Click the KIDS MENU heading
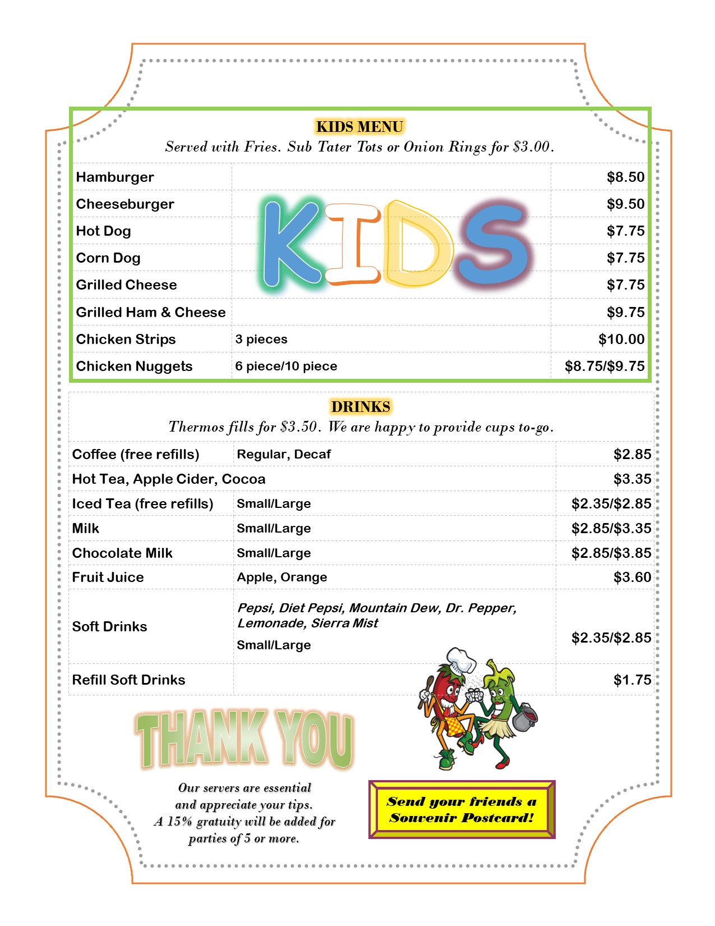tap(359, 127)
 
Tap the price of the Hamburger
tap(625, 177)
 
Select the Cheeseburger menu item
tap(125, 204)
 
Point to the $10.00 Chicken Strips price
tap(621, 340)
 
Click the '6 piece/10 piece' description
tap(286, 366)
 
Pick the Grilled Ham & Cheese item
tap(151, 313)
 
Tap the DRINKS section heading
tap(361, 407)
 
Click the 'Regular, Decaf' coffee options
tap(284, 455)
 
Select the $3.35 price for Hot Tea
tap(632, 479)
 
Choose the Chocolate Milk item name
tap(122, 553)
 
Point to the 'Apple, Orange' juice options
tap(282, 577)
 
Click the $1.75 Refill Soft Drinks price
tap(632, 680)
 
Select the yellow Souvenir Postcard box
tap(462, 810)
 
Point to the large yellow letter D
tap(418, 244)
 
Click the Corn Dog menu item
tap(108, 258)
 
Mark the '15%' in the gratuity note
tap(179, 822)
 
